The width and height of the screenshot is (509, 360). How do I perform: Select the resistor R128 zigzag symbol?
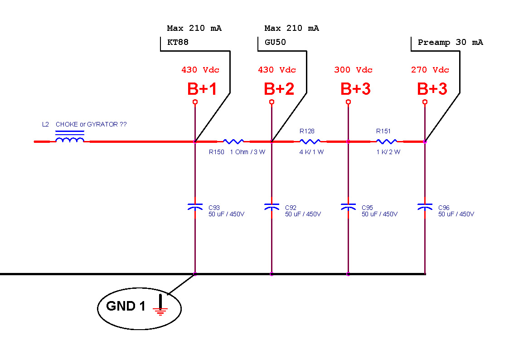tap(310, 141)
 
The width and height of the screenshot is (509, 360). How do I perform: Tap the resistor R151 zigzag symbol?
tap(387, 141)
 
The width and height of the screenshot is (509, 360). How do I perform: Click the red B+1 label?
tap(202, 89)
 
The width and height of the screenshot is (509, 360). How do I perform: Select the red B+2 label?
tap(279, 89)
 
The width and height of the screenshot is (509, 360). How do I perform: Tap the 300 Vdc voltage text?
tap(353, 70)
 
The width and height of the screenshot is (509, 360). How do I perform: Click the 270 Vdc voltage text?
tap(430, 70)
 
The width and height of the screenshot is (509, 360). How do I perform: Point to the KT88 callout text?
tap(178, 43)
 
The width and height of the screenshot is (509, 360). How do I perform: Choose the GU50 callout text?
tap(275, 43)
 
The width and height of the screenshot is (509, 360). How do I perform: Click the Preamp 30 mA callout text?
tap(450, 43)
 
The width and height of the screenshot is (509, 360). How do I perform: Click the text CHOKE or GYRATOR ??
tap(91, 124)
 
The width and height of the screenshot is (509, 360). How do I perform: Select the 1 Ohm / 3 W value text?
tap(247, 152)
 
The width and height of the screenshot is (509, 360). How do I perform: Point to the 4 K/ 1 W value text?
tap(311, 152)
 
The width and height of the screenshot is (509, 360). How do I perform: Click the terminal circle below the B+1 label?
tap(195, 102)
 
